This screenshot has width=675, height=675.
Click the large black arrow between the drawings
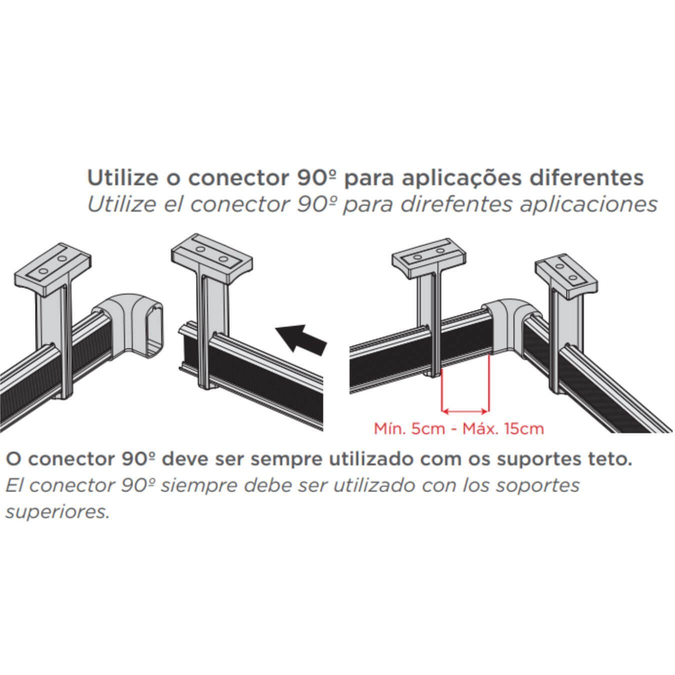click(302, 339)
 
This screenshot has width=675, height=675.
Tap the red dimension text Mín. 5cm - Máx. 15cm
click(458, 428)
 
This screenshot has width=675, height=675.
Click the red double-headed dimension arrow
click(464, 411)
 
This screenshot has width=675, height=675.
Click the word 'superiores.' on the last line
click(57, 511)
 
